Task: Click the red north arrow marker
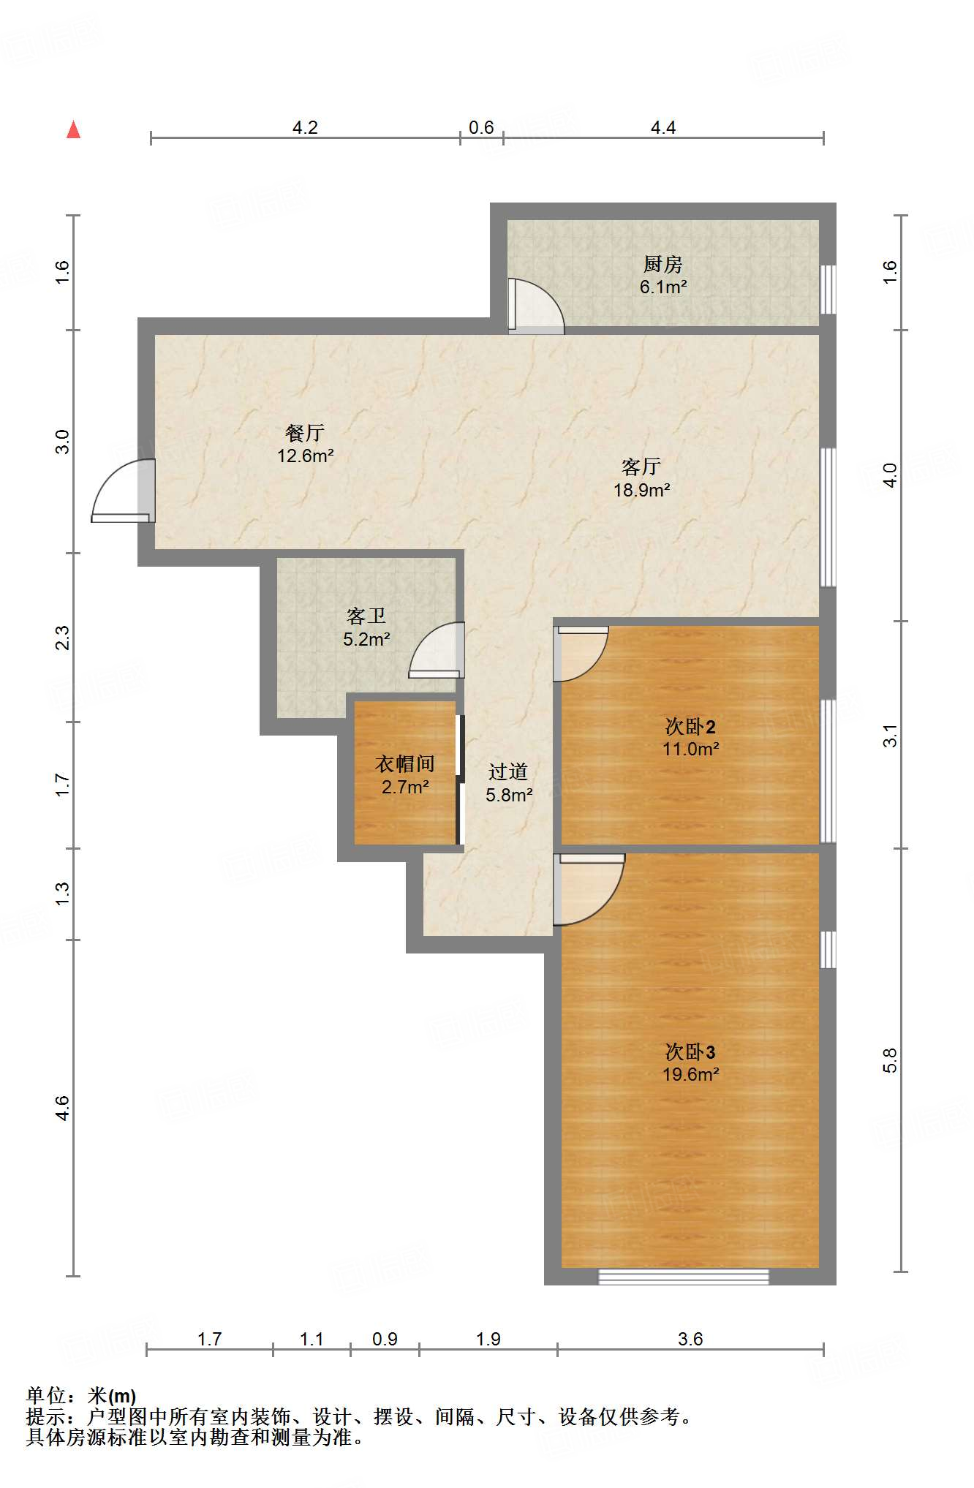point(73,130)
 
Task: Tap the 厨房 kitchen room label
point(662,264)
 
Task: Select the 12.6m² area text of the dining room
point(306,456)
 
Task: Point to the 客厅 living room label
point(641,467)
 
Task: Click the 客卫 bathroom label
point(366,616)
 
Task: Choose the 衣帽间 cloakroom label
point(405,764)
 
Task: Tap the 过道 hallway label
point(508,771)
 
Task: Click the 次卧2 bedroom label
point(690,726)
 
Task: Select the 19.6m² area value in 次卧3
point(691,1074)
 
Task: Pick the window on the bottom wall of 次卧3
point(684,1277)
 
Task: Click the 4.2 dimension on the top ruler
point(305,128)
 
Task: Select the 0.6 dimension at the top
point(481,128)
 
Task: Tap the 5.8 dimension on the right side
point(890,1060)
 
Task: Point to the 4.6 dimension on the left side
point(63,1109)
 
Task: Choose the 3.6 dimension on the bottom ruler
point(690,1339)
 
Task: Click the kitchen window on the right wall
point(828,290)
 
